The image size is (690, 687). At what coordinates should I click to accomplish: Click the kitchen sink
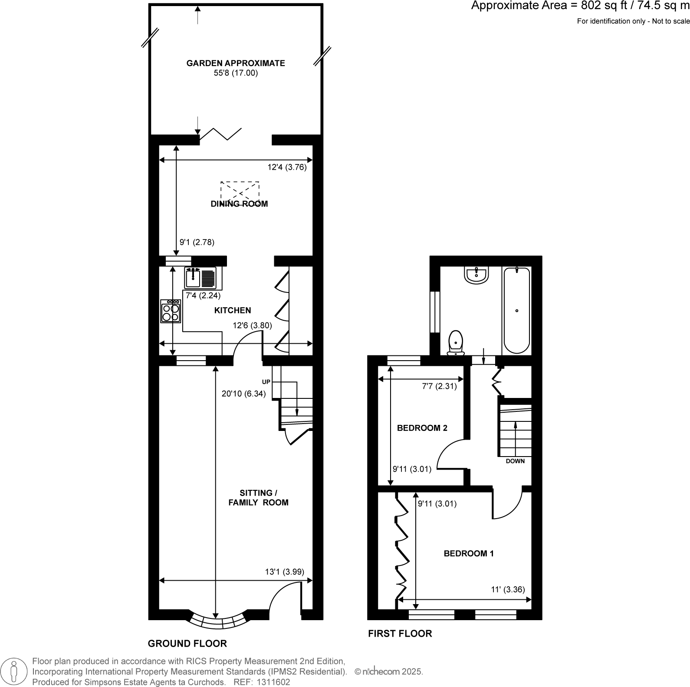200,278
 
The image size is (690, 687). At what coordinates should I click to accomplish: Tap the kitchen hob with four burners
171,311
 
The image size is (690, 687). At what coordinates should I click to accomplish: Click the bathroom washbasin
477,275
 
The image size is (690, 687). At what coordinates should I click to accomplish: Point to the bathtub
516,310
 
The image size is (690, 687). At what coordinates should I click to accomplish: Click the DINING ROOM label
239,204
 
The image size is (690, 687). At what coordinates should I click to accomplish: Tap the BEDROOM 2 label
422,428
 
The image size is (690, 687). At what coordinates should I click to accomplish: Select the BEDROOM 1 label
469,553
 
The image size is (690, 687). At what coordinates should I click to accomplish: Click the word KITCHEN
233,310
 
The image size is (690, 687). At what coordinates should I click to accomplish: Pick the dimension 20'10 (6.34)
243,394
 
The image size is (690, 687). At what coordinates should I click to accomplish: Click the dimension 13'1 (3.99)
285,572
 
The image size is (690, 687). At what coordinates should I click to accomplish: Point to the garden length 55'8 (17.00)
236,73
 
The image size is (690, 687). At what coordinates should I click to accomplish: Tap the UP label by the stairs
266,382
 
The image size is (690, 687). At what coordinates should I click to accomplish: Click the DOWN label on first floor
515,461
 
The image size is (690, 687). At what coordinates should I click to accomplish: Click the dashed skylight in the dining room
240,194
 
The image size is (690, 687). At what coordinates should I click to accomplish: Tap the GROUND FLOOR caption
187,643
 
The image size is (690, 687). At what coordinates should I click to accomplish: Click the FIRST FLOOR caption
400,633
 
